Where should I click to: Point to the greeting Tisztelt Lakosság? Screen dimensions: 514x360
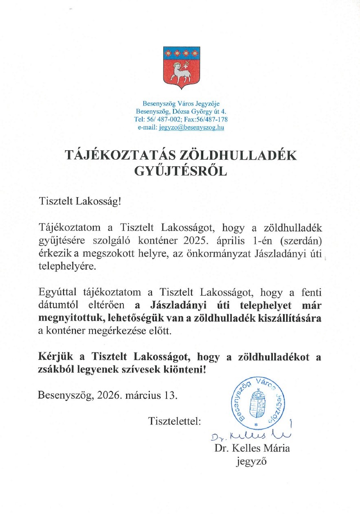[80, 201]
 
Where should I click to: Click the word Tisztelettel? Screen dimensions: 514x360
[175, 420]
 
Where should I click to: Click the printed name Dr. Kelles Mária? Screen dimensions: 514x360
[252, 448]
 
